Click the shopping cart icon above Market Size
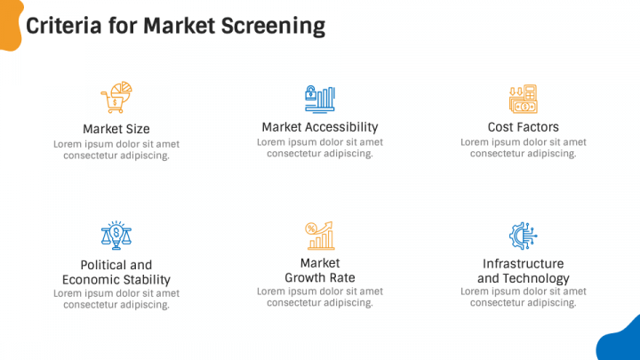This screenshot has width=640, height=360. click(x=116, y=98)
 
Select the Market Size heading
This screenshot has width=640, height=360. click(x=116, y=129)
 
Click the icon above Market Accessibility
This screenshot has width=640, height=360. click(x=320, y=98)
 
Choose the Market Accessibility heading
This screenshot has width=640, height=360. click(x=320, y=127)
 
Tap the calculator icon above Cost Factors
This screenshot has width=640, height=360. click(x=523, y=98)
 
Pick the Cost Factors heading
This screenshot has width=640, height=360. click(x=523, y=127)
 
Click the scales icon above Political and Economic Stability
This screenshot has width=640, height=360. click(x=116, y=236)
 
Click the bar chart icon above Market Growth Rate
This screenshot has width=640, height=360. click(x=320, y=236)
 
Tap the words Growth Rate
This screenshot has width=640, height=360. click(x=320, y=278)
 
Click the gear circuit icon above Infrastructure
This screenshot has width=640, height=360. click(x=523, y=236)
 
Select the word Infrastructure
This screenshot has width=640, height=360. click(x=523, y=264)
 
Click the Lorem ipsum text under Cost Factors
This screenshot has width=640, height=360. click(x=523, y=148)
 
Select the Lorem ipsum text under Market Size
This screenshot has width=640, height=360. click(x=116, y=149)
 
